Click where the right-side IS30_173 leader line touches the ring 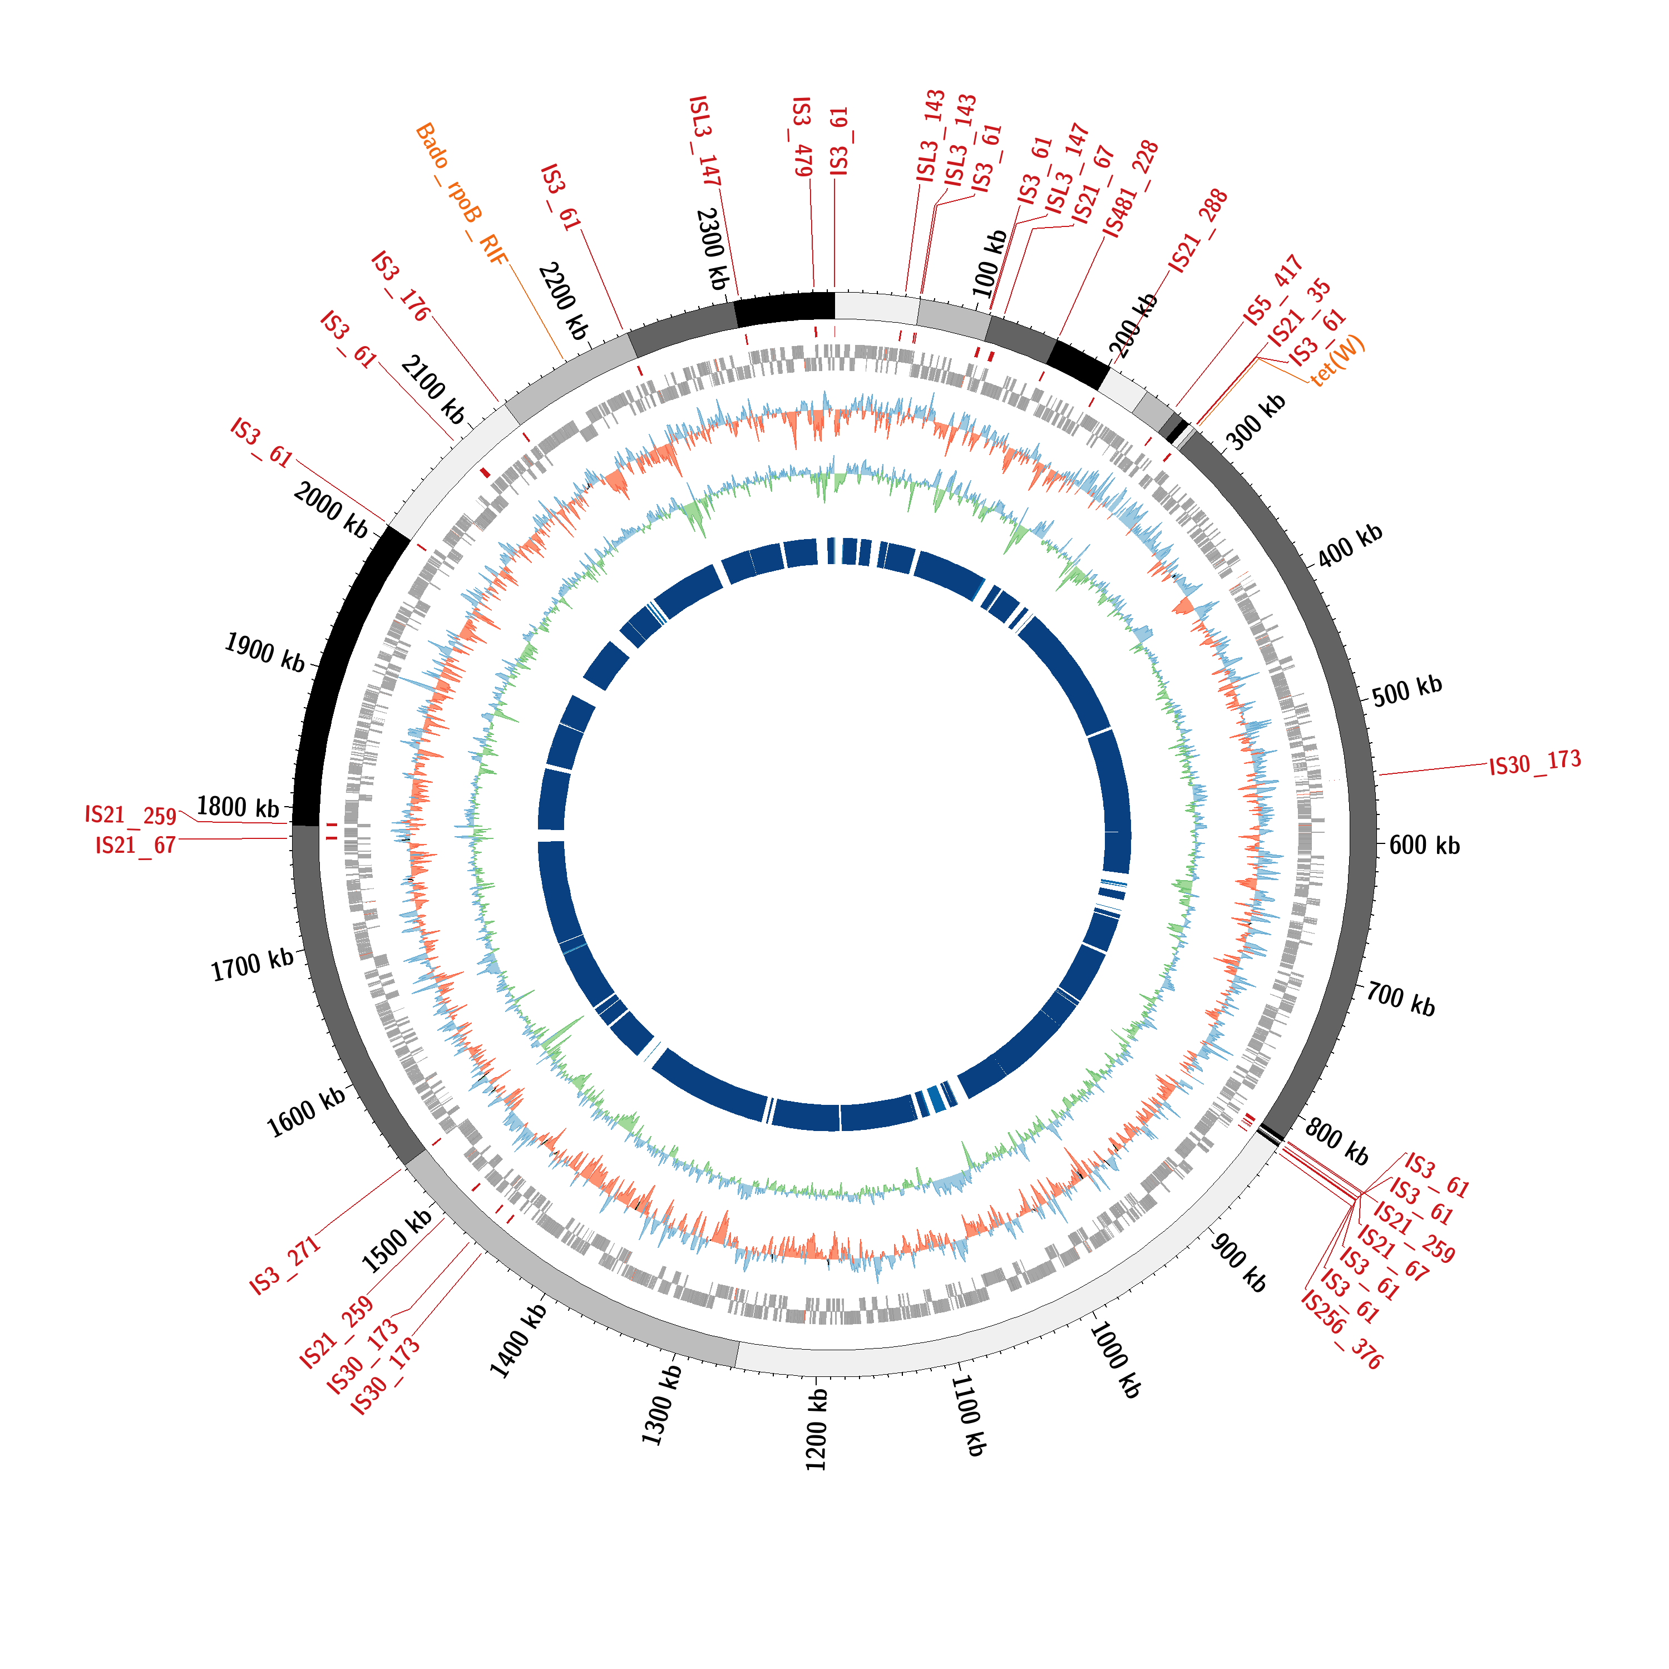pyautogui.click(x=1380, y=775)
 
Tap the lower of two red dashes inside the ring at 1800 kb pyautogui.click(x=332, y=838)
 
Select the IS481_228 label pyautogui.click(x=1131, y=189)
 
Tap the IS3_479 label pyautogui.click(x=802, y=136)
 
